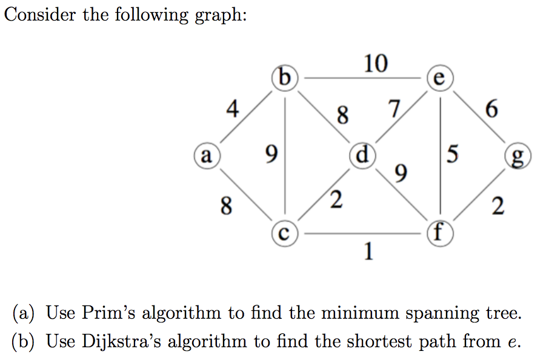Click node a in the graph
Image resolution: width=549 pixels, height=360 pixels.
coord(207,156)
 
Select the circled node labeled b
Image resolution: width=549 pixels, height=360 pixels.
coord(285,78)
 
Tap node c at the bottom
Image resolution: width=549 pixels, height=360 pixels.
coord(285,233)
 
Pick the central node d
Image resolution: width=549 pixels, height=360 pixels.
coord(363,156)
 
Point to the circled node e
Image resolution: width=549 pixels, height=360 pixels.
coord(440,78)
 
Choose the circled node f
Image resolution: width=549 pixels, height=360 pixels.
coord(440,233)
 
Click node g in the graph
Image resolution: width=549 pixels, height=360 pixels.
coord(518,156)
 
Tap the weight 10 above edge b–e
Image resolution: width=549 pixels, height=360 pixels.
coord(376,64)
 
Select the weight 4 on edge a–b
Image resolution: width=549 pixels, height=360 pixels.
coord(233,108)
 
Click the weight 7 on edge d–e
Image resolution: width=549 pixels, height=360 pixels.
coord(394,108)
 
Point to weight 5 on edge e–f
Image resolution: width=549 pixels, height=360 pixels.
coord(453,154)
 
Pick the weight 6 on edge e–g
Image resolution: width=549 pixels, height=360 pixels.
coord(491,108)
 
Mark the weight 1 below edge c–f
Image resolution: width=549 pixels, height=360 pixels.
coord(368,251)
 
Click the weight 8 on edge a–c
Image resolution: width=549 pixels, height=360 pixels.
coord(226,205)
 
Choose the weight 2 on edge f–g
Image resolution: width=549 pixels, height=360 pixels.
coord(498,205)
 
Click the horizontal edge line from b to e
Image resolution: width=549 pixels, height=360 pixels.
coord(363,78)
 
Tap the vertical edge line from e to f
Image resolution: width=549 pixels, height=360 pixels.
coord(440,156)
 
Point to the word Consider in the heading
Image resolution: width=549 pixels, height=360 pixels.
coord(39,15)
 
